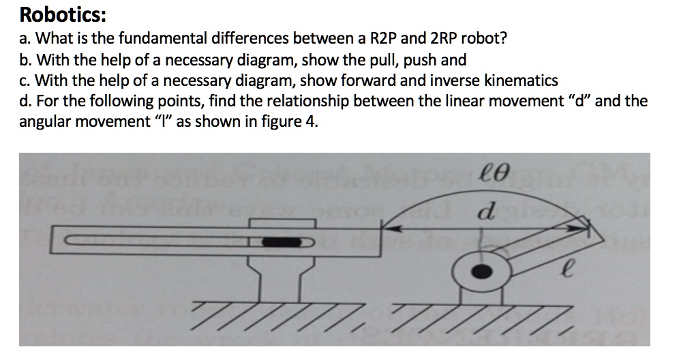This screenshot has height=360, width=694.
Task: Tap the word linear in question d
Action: (438, 102)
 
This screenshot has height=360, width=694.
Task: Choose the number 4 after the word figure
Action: (313, 123)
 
